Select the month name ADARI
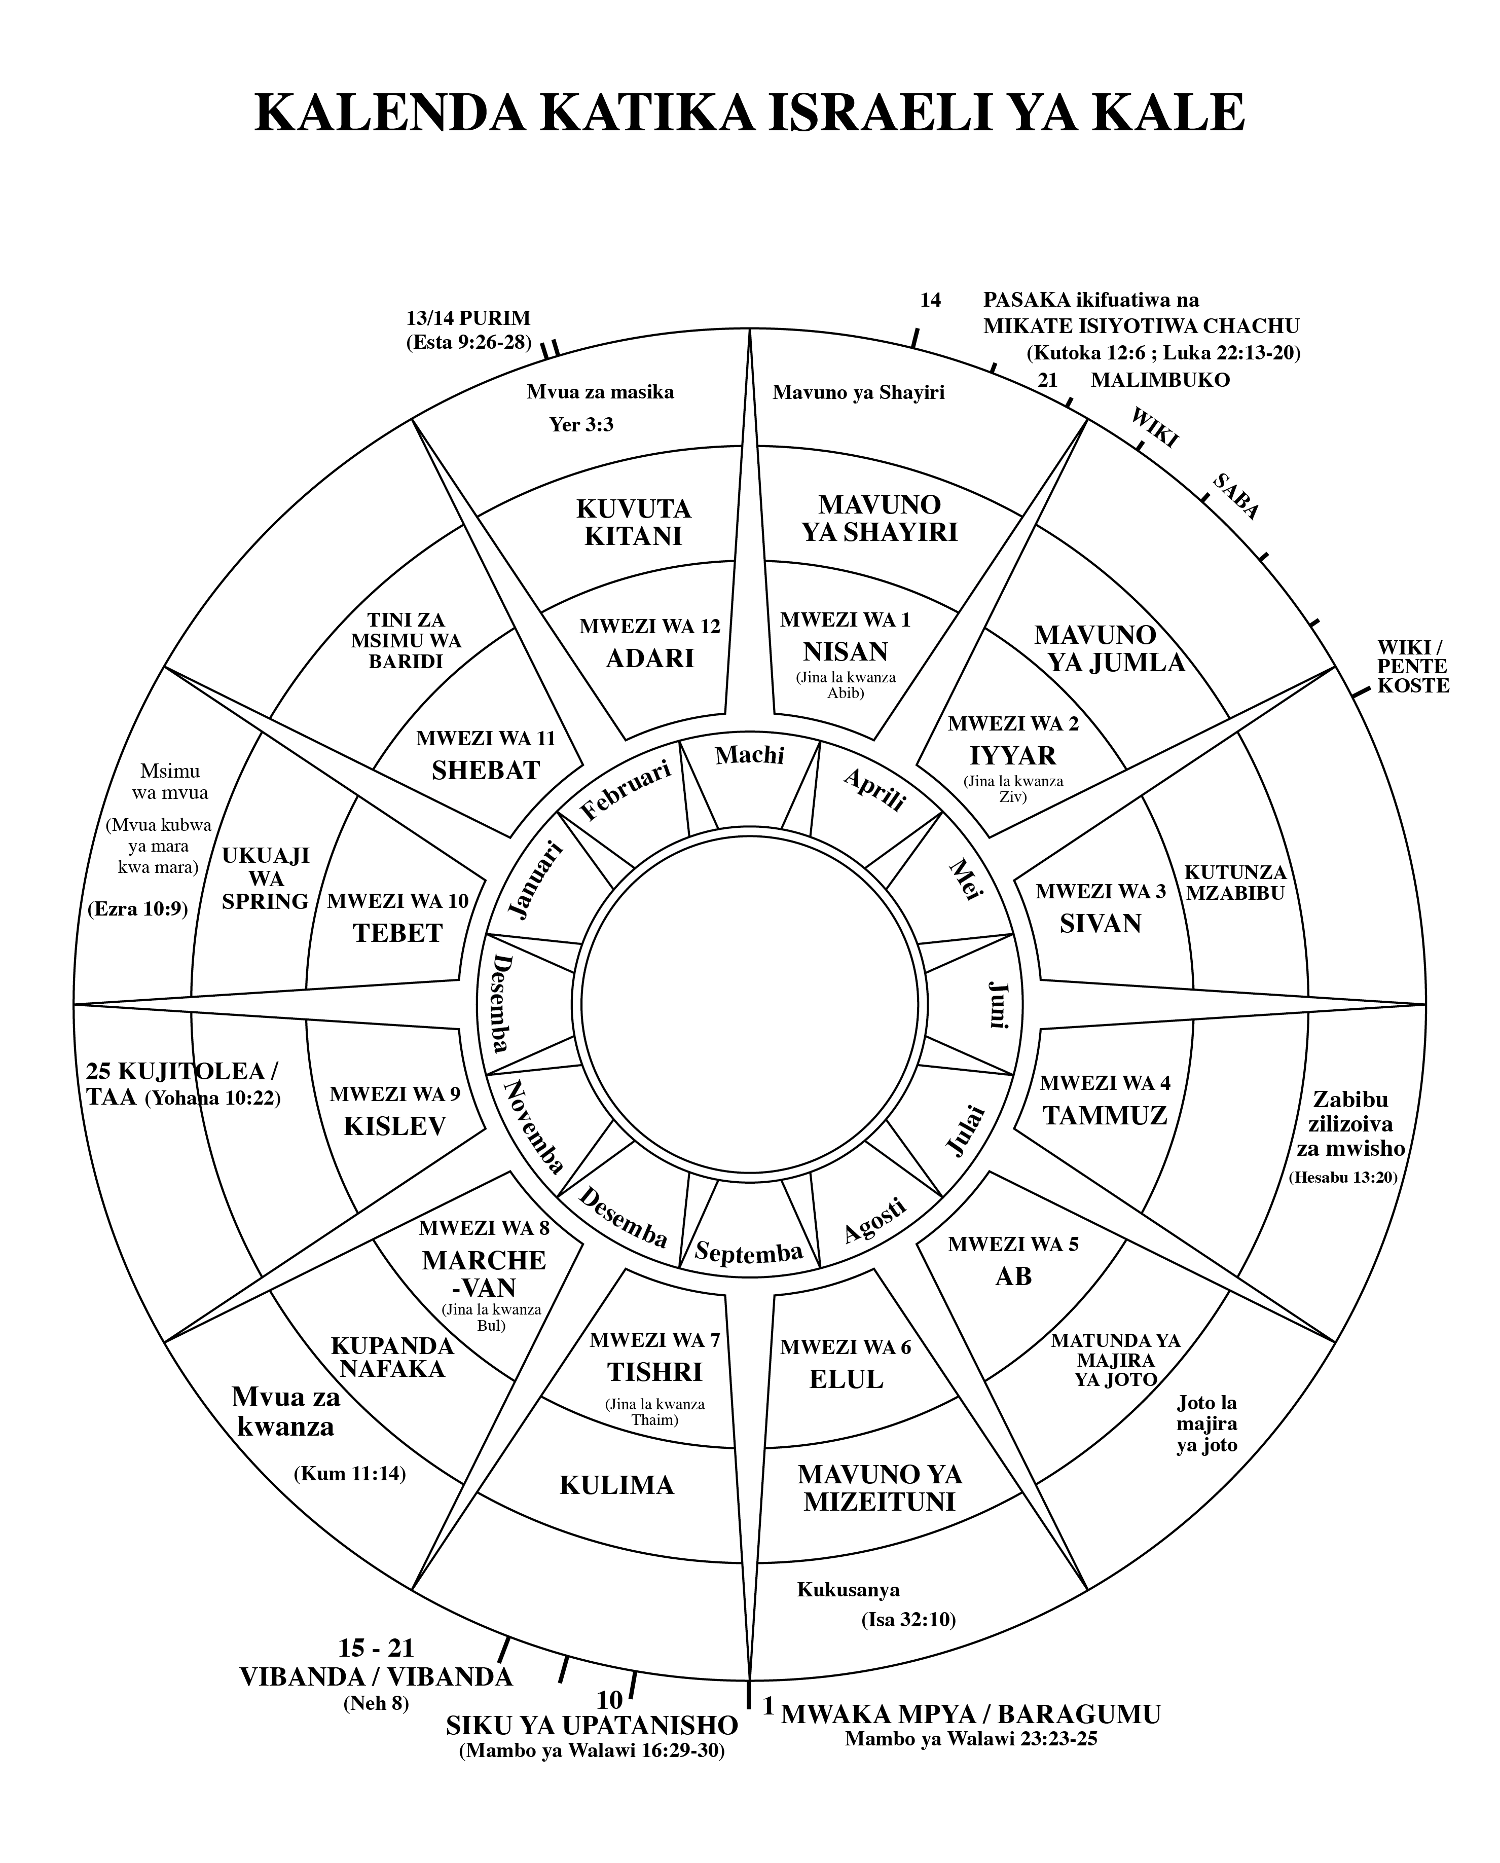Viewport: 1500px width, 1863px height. tap(650, 657)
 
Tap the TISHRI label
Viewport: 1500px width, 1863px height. tap(654, 1372)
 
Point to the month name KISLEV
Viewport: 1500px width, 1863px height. tap(395, 1126)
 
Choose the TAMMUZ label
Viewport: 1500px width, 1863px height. tap(1105, 1116)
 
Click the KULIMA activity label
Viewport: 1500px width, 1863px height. tap(617, 1485)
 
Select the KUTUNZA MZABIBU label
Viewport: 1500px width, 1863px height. tap(1235, 882)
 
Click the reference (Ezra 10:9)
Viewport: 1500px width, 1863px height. tap(137, 909)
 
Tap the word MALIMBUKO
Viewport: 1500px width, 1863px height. tap(1159, 380)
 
